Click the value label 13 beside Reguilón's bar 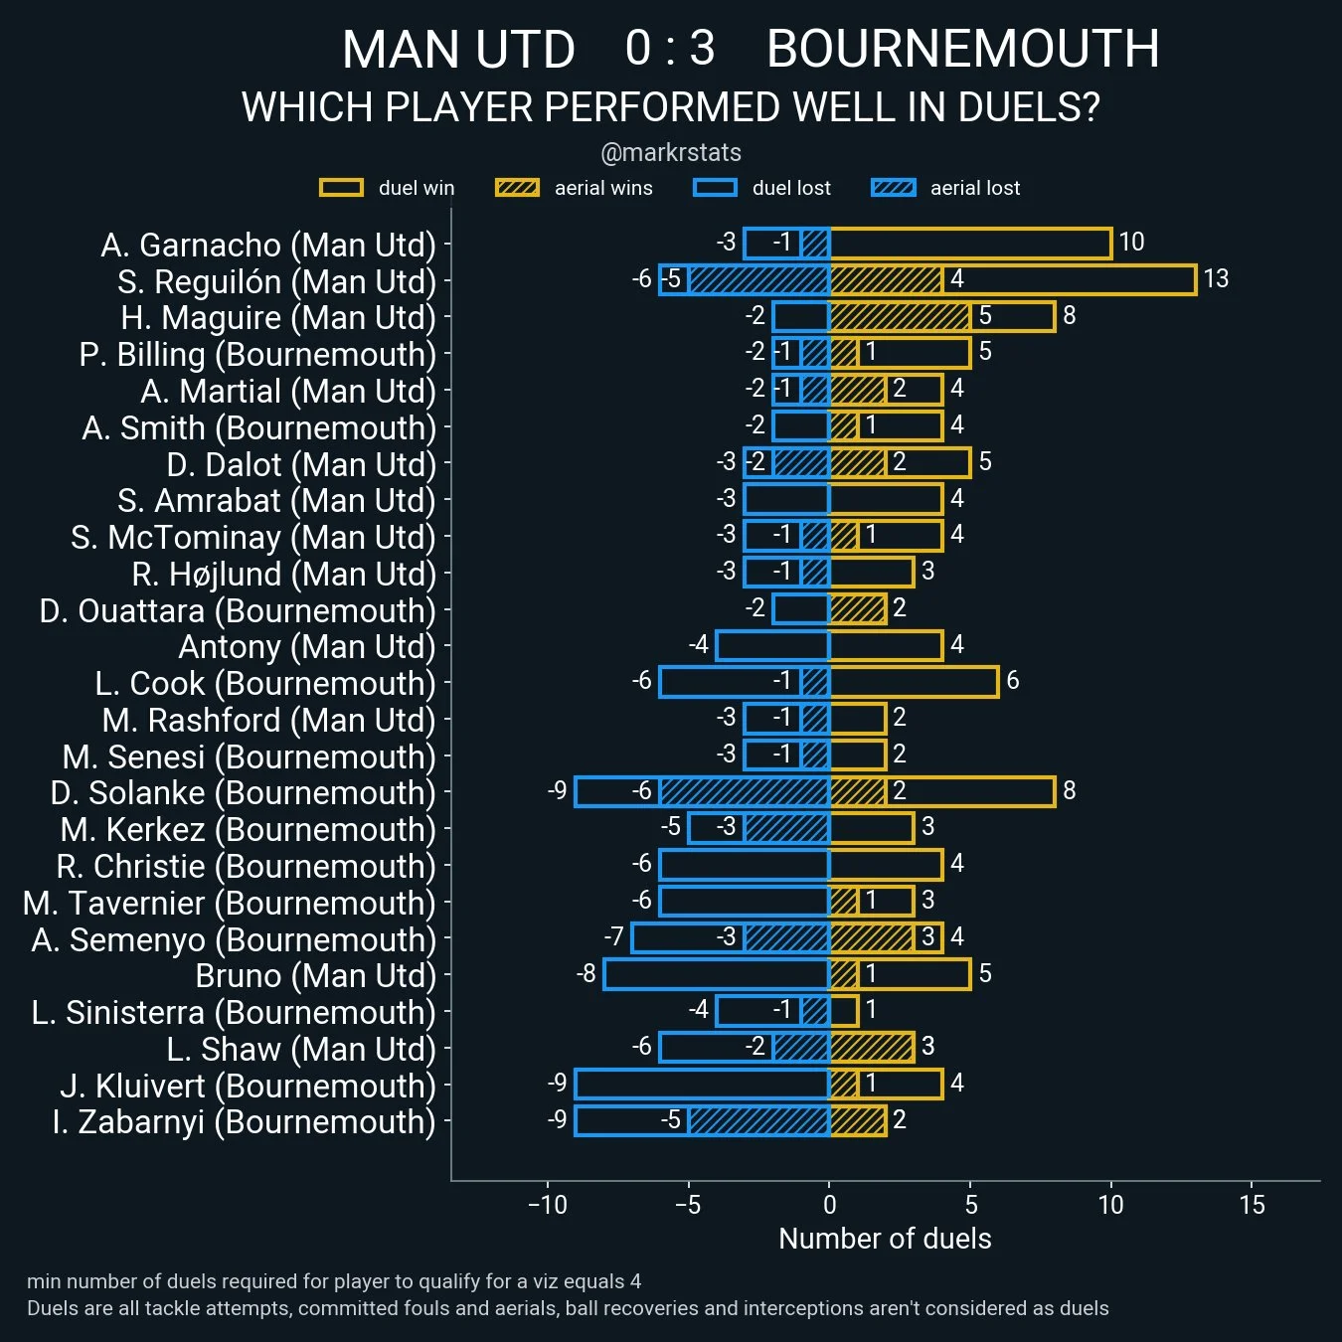(1216, 278)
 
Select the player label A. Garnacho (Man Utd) (268, 245)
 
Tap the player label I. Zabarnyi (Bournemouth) (244, 1121)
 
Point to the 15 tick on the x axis (1252, 1205)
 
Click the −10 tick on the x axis (547, 1205)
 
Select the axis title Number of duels (885, 1239)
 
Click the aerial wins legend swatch (517, 188)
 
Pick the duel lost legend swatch (715, 188)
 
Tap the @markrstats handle (671, 153)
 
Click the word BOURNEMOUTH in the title (962, 49)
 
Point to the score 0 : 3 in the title (670, 49)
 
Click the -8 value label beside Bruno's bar (587, 973)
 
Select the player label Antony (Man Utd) (306, 647)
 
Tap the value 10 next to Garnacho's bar (1131, 242)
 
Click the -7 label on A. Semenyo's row (614, 936)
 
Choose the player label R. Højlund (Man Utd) (283, 574)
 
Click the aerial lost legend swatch (893, 188)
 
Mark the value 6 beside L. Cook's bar (1013, 681)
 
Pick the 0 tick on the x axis (829, 1205)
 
